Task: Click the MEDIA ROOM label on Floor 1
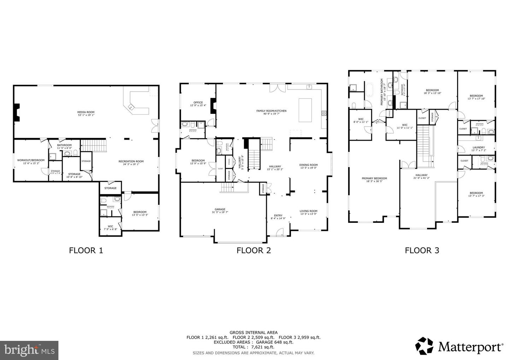tap(86, 112)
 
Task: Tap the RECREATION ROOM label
tap(131, 161)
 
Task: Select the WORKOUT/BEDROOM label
tap(31, 160)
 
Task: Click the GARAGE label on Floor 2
tap(220, 209)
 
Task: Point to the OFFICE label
tap(198, 103)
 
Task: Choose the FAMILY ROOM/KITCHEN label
tap(271, 111)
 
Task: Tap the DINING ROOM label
tap(309, 165)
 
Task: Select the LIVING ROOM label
tap(309, 211)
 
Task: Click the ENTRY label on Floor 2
tap(278, 215)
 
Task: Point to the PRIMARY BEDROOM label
tap(374, 179)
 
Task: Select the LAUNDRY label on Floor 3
tap(478, 147)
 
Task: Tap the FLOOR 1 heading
tap(86, 251)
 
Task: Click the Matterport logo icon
tap(424, 346)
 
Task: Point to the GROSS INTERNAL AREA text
tap(253, 332)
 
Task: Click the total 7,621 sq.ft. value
tap(263, 347)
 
